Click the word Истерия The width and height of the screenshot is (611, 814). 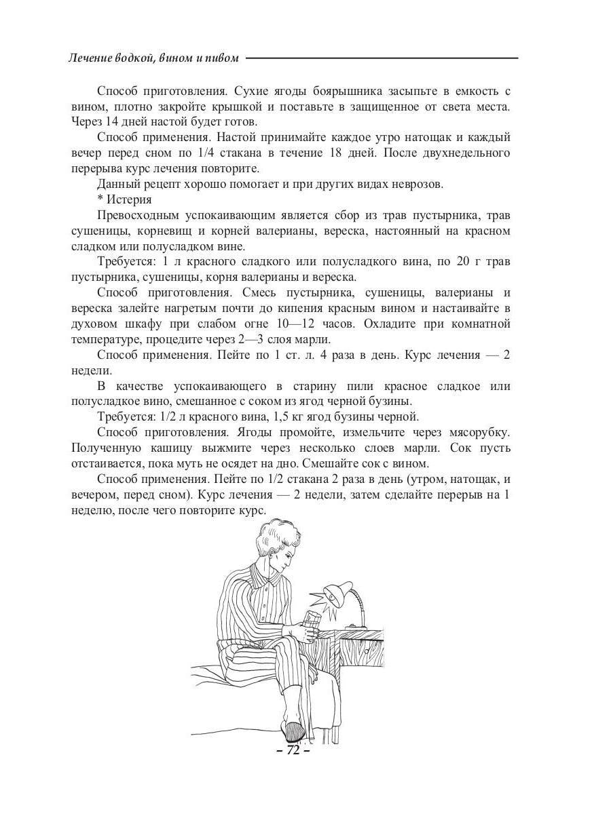click(129, 199)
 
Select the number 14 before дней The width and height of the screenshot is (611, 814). click(106, 122)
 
